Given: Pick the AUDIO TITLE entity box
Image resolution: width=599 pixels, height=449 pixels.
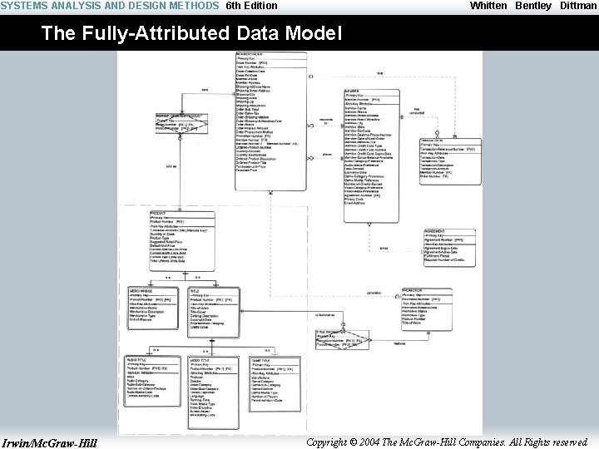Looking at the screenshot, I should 152,382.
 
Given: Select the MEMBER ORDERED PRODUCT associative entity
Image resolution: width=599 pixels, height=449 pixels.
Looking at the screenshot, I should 181,123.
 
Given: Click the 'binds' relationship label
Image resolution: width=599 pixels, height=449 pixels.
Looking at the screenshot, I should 384,248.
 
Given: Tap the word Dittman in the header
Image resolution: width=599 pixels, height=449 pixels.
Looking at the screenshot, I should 577,6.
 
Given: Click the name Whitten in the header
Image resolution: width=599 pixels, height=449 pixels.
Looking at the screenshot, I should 488,6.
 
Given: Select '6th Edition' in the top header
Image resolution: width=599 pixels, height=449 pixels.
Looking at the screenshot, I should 252,6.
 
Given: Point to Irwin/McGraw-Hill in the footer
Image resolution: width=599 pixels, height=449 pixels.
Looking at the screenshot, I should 49,442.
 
